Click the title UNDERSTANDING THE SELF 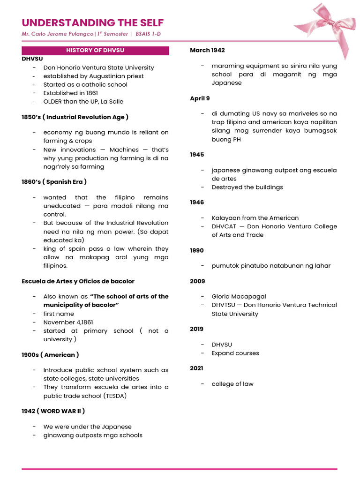click(93, 23)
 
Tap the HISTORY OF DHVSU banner click(95, 50)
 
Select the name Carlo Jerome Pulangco click(58, 34)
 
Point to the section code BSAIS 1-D click(151, 34)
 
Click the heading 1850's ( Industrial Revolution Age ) click(75, 117)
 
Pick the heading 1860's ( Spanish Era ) click(54, 181)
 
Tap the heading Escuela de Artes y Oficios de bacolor click(78, 281)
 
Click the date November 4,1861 click(66, 322)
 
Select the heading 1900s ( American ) click(50, 355)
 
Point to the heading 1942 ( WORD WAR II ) click(53, 411)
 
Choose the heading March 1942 click(207, 50)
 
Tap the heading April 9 click(200, 98)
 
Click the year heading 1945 click(197, 154)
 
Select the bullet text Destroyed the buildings click(247, 187)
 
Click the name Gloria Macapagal click(239, 296)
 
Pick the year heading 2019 click(197, 329)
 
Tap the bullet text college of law click(232, 384)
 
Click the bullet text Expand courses click(235, 353)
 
